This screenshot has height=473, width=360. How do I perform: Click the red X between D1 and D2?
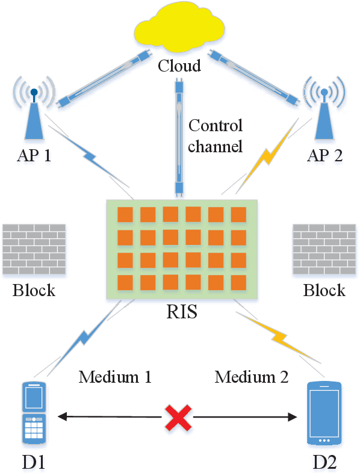pyautogui.click(x=179, y=416)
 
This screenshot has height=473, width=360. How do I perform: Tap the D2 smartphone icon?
pyautogui.click(x=324, y=414)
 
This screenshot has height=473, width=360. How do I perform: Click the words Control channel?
pyautogui.click(x=216, y=136)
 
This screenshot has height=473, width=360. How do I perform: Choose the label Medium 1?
pyautogui.click(x=114, y=377)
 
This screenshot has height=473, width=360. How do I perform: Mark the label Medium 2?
pyautogui.click(x=252, y=377)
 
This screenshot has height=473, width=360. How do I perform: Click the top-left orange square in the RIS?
pyautogui.click(x=125, y=214)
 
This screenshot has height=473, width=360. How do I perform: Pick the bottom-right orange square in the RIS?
pyautogui.click(x=239, y=282)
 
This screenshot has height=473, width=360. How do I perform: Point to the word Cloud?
pyautogui.click(x=179, y=65)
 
